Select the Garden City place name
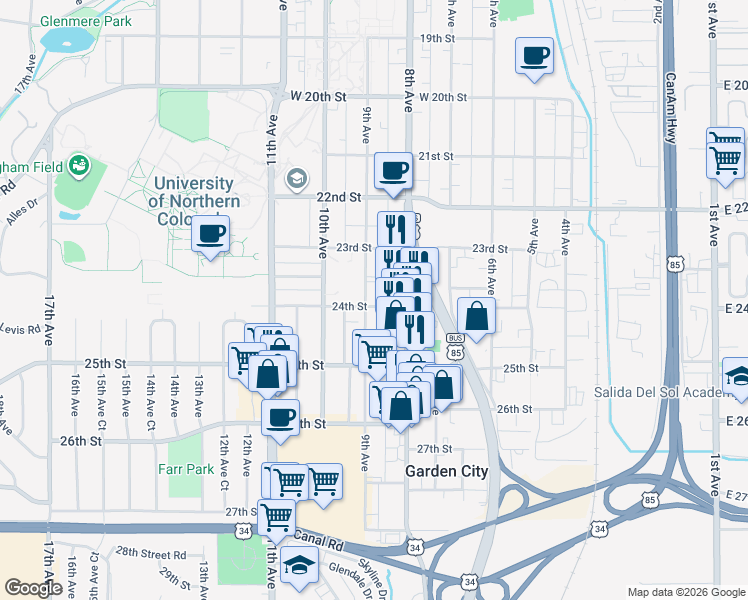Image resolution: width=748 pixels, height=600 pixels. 446,471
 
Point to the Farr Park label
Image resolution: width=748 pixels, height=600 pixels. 186,468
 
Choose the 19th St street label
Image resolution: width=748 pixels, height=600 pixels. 437,38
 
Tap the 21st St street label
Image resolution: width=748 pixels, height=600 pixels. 436,157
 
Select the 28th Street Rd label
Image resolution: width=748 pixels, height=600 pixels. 151,553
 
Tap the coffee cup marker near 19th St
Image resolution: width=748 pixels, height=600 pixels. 535,55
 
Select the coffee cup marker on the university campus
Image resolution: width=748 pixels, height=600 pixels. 210,234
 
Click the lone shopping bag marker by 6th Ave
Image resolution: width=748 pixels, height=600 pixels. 476,316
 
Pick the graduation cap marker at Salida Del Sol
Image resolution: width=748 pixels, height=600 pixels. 738,377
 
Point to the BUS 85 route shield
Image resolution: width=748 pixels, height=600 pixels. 456,346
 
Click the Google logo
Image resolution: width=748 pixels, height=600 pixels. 33,588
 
